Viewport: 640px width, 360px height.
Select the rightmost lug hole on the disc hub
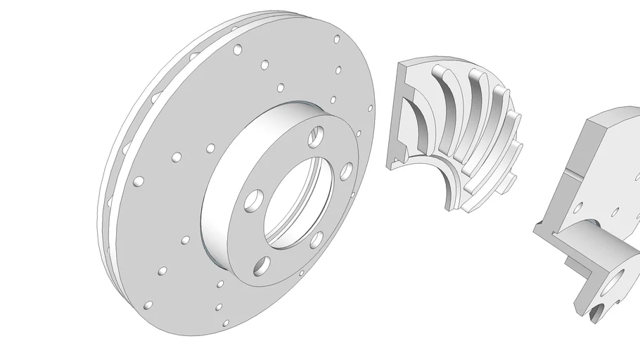coord(346,170)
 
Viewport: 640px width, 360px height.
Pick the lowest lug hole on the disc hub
coord(262,266)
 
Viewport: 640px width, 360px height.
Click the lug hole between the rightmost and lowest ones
coord(316,239)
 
